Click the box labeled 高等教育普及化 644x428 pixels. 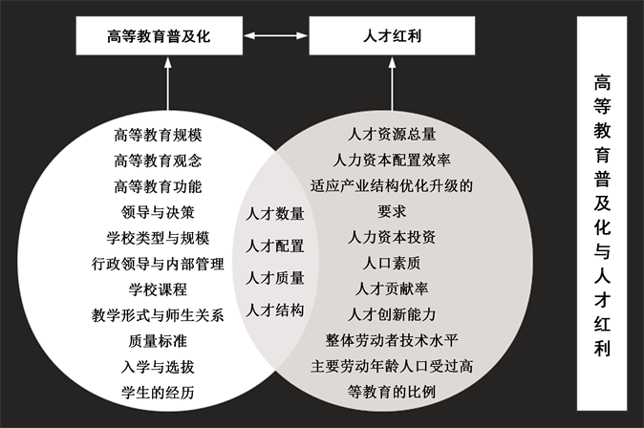pyautogui.click(x=159, y=37)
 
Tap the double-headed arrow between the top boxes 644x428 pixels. pyautogui.click(x=273, y=37)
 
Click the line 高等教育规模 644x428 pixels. pyautogui.click(x=158, y=134)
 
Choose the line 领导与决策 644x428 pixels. pyautogui.click(x=158, y=211)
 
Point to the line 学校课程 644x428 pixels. pyautogui.click(x=158, y=289)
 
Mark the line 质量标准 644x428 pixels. pyautogui.click(x=158, y=340)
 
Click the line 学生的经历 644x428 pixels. pyautogui.click(x=158, y=392)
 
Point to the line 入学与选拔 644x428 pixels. pyautogui.click(x=158, y=366)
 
